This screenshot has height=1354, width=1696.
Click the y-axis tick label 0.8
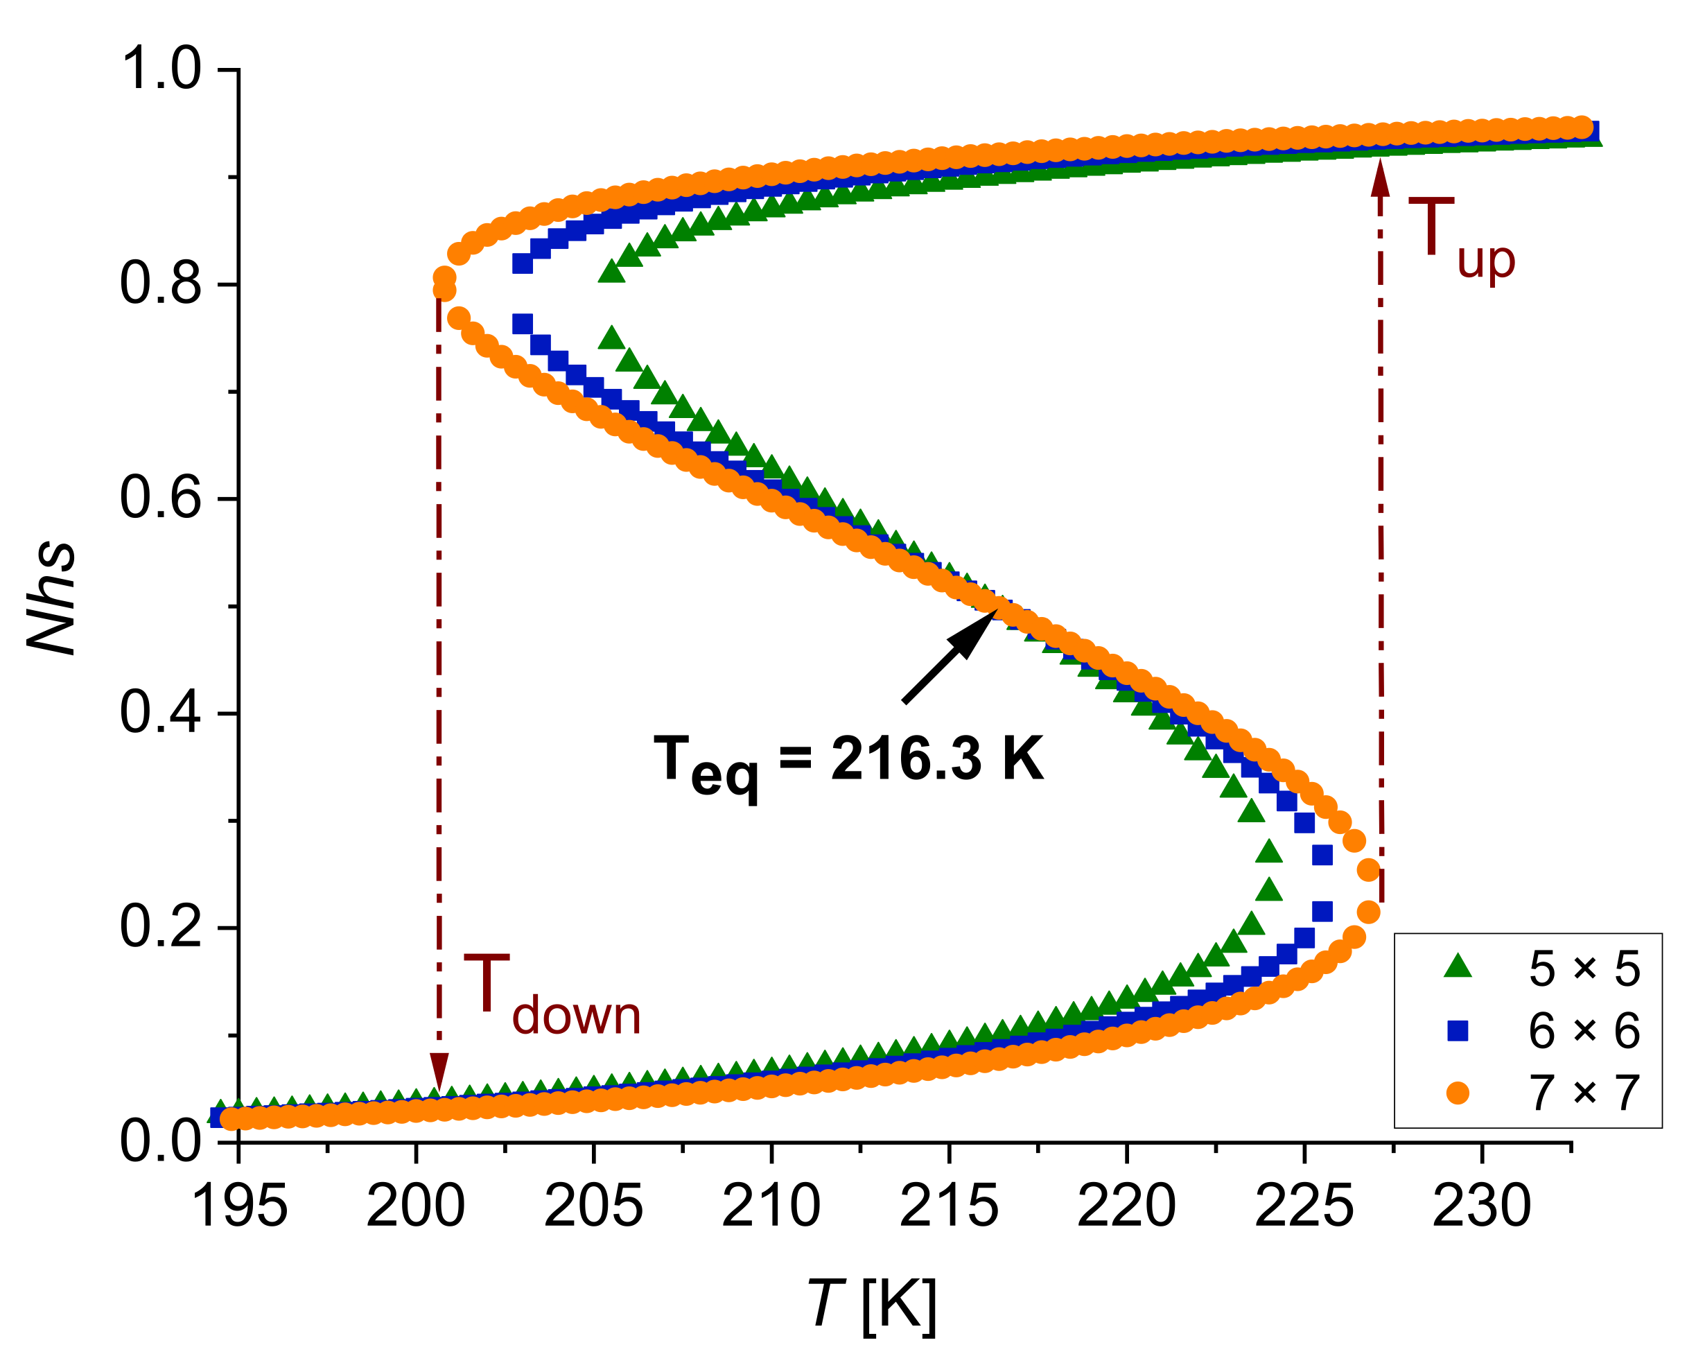pos(161,284)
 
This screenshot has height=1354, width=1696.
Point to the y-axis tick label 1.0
pos(161,69)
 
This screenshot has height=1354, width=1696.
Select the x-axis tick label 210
pos(771,1207)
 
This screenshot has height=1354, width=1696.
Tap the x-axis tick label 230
pos(1482,1207)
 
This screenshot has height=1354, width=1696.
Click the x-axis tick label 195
pos(238,1207)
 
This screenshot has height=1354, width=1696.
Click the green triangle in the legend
pos(1458,966)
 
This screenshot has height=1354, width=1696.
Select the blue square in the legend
pos(1458,1031)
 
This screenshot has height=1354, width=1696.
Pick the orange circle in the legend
pos(1458,1093)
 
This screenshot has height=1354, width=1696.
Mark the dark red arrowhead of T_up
pos(1380,177)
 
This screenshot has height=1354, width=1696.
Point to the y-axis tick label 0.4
pos(161,713)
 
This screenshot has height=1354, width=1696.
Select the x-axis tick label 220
pos(1126,1207)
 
